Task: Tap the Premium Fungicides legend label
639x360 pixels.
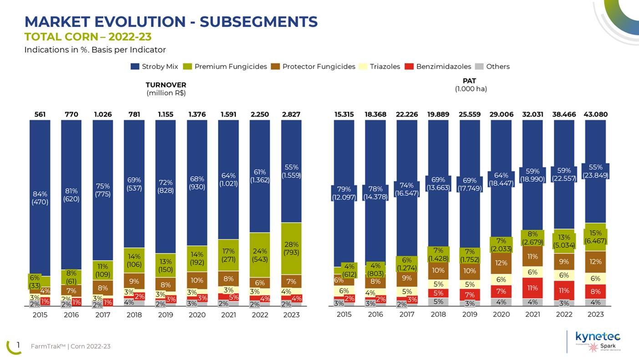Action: (x=230, y=66)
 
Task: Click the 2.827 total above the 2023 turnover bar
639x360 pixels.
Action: (x=291, y=114)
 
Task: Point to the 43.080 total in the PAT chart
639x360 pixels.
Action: (x=595, y=114)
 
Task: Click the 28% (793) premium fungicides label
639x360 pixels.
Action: (x=291, y=246)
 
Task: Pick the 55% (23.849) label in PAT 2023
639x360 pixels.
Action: (x=595, y=171)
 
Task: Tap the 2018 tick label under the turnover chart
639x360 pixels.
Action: (x=134, y=314)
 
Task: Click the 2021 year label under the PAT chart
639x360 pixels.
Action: (x=532, y=314)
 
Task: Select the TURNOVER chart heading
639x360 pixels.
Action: (x=166, y=85)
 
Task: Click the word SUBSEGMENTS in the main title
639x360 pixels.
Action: (x=259, y=21)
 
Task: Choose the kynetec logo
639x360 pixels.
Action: (x=598, y=337)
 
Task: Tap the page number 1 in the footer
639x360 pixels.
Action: (x=18, y=345)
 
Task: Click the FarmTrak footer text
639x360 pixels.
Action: (x=71, y=346)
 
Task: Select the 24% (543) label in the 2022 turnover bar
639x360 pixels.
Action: (x=260, y=255)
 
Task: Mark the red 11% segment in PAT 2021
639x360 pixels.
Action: (x=532, y=288)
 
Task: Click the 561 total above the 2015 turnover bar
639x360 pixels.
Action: (x=40, y=114)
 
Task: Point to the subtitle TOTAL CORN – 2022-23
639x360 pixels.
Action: (x=88, y=36)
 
